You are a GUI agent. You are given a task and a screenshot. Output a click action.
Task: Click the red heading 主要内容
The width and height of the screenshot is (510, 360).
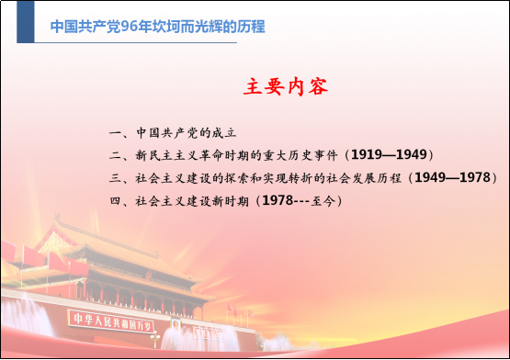tap(287, 87)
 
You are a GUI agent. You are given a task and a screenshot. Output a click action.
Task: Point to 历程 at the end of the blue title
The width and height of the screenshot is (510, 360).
tap(250, 27)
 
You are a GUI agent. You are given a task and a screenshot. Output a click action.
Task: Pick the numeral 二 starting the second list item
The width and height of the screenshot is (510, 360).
tap(114, 154)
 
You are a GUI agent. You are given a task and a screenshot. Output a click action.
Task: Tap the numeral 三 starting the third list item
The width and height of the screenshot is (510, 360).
tap(114, 176)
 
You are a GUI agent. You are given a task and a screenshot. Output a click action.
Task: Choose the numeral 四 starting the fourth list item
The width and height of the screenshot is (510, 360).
tap(114, 198)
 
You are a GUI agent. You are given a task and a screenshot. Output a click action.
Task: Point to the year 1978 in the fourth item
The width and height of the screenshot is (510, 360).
tap(279, 198)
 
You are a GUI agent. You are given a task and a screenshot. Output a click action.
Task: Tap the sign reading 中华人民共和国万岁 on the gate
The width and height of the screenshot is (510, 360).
tap(110, 321)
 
